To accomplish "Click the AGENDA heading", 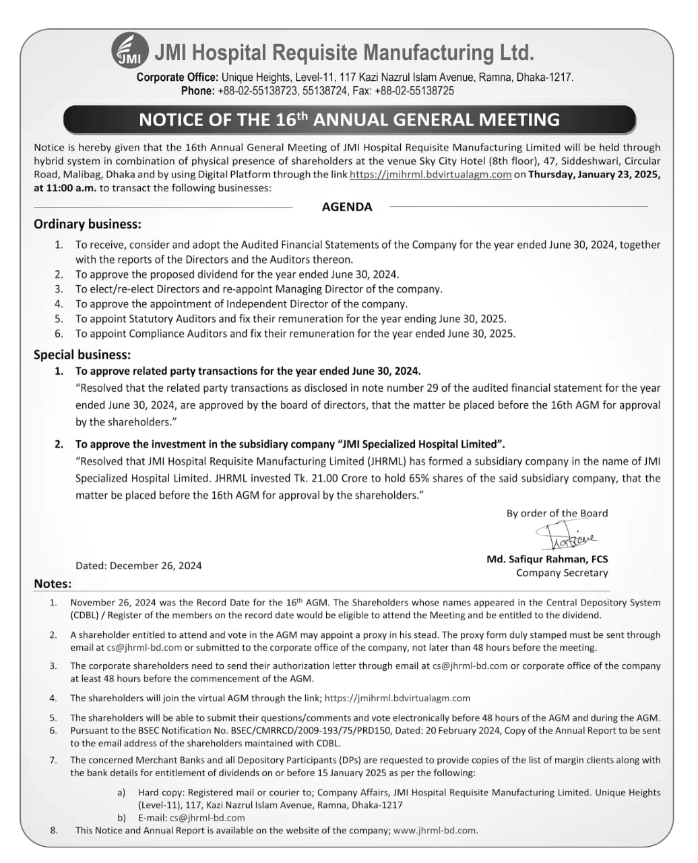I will [x=347, y=207].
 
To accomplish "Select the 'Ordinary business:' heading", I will [x=88, y=225].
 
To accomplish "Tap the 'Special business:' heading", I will [x=82, y=355].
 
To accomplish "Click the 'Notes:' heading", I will [x=53, y=584].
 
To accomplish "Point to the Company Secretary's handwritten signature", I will [x=565, y=538].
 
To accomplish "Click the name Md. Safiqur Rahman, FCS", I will [x=547, y=559].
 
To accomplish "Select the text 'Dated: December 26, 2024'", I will [x=138, y=566].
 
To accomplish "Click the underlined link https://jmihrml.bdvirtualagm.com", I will [x=431, y=175].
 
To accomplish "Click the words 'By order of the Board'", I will [x=557, y=513].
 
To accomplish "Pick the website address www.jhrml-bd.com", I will [x=435, y=831].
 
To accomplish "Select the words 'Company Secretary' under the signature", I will [x=562, y=573].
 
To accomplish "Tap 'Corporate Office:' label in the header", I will [x=177, y=78].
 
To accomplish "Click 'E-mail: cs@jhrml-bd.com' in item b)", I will [x=191, y=818].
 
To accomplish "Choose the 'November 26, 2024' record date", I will [x=111, y=603].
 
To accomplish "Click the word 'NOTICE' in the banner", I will [x=168, y=120].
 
